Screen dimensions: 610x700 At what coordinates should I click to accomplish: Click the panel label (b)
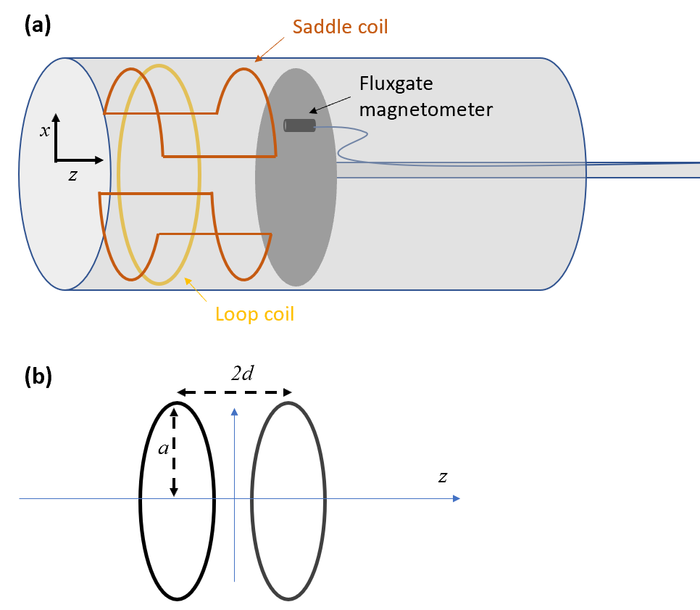click(38, 378)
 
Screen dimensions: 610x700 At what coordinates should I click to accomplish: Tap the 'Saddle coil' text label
click(340, 28)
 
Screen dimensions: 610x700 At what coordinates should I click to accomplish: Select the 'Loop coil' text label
click(254, 315)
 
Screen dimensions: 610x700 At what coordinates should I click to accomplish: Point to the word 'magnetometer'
click(426, 110)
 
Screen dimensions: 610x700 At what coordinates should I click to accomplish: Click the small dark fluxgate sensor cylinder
click(299, 125)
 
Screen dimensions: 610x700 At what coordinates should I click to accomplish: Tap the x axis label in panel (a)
click(45, 131)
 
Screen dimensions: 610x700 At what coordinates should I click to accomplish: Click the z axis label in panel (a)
click(72, 175)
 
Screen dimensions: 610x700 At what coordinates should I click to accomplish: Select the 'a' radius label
click(164, 448)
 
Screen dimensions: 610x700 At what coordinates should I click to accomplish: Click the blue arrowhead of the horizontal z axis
click(457, 498)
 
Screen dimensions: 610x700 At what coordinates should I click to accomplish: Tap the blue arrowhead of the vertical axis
click(235, 412)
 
